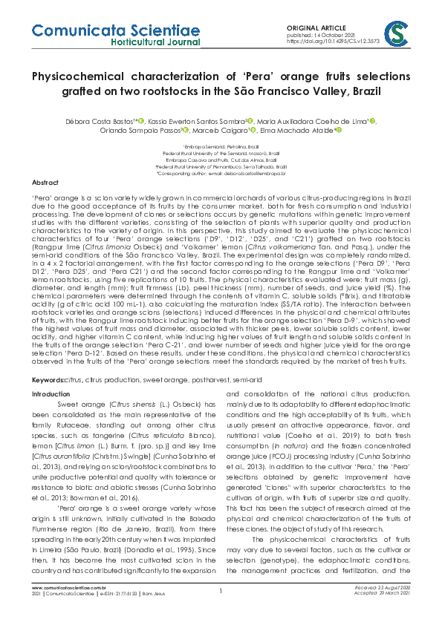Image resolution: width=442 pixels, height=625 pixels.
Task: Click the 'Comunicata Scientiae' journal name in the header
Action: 114,31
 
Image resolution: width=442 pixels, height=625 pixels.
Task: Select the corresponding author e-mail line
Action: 221,174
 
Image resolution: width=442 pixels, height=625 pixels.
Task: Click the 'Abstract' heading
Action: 45,183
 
